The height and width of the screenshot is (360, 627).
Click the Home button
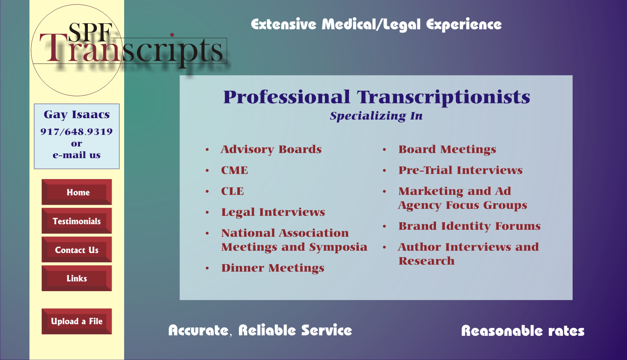point(77,192)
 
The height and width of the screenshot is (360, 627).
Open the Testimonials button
point(77,221)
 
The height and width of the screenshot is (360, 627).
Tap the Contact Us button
point(77,250)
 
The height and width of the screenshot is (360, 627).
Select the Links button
point(77,278)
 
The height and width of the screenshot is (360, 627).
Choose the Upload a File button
point(77,321)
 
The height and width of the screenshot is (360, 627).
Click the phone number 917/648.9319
point(76,131)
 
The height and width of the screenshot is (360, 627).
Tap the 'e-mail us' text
point(76,155)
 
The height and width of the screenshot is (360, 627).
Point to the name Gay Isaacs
point(76,114)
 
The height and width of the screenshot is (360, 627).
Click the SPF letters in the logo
point(90,32)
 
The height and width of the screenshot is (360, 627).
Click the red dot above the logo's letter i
point(172,35)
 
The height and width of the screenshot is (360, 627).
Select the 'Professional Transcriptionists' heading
point(376,97)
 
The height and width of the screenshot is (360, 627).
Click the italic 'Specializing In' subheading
point(376,116)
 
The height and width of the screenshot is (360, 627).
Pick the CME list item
point(235,170)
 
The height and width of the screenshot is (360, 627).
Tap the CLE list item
point(232,191)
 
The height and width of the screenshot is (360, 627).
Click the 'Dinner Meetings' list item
point(273,268)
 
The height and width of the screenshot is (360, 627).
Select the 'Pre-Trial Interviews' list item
point(461,170)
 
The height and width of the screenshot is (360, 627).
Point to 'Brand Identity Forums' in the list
point(469,226)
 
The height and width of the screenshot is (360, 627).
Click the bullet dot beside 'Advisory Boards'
point(207,150)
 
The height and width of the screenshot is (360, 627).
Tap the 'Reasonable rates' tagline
point(522,331)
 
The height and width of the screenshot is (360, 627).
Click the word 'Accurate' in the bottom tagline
point(198,330)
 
